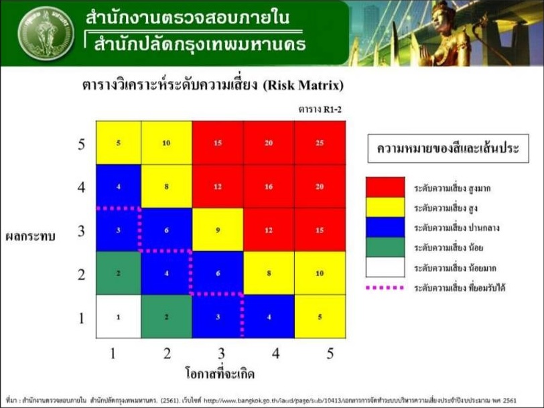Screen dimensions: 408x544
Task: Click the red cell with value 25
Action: (x=320, y=143)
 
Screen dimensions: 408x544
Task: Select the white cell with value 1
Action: (x=118, y=316)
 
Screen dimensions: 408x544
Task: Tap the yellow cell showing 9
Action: (x=218, y=230)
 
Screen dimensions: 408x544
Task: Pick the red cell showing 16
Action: (x=269, y=186)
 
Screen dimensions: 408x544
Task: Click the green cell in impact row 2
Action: (x=118, y=273)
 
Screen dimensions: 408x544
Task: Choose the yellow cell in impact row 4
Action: (x=166, y=186)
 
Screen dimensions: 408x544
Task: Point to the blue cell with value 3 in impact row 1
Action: (x=218, y=316)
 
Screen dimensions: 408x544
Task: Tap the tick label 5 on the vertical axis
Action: (x=81, y=143)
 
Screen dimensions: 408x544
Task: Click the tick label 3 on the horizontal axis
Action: (x=217, y=351)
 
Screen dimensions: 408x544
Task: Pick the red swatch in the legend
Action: (x=385, y=186)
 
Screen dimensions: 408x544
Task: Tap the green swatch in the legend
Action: (x=385, y=247)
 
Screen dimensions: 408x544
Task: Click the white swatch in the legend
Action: (x=385, y=267)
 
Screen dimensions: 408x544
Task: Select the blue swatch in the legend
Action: (x=385, y=226)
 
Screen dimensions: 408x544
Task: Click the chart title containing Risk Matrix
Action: (x=213, y=85)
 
